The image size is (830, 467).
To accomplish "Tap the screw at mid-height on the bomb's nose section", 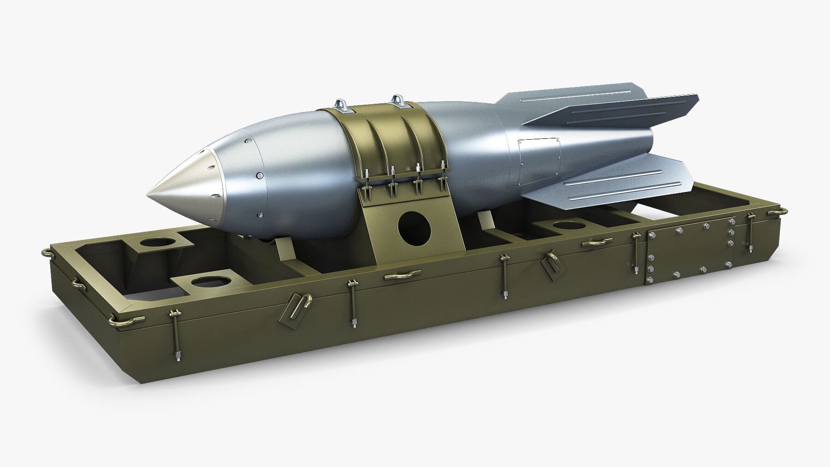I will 260,175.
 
